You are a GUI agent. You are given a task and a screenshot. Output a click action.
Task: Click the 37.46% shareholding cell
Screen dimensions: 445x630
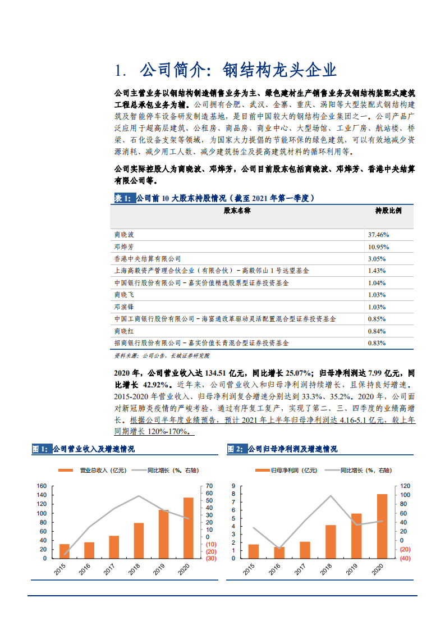point(379,234)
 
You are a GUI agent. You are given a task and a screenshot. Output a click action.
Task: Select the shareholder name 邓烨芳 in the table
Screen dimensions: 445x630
point(124,246)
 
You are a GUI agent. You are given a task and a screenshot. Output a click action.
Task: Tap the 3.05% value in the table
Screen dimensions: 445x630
point(377,259)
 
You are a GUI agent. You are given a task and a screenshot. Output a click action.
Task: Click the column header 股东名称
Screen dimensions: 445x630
point(237,210)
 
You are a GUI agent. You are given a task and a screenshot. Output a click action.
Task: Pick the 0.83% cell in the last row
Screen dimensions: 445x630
point(377,343)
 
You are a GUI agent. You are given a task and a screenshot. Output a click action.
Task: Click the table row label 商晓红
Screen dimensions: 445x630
point(124,331)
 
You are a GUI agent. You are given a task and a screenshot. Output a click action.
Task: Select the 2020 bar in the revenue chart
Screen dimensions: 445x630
point(188,528)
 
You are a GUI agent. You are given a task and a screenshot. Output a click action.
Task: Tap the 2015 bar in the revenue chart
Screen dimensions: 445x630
point(65,551)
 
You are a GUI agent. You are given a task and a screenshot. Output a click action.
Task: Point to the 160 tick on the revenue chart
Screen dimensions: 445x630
point(41,486)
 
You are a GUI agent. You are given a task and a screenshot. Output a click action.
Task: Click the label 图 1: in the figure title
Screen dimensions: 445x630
point(41,449)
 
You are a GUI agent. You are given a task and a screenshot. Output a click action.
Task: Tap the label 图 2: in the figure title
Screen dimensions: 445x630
point(236,449)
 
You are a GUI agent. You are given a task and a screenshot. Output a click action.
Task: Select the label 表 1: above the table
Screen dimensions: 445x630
point(123,198)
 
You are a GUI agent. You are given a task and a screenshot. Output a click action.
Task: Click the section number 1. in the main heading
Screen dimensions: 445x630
point(120,70)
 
